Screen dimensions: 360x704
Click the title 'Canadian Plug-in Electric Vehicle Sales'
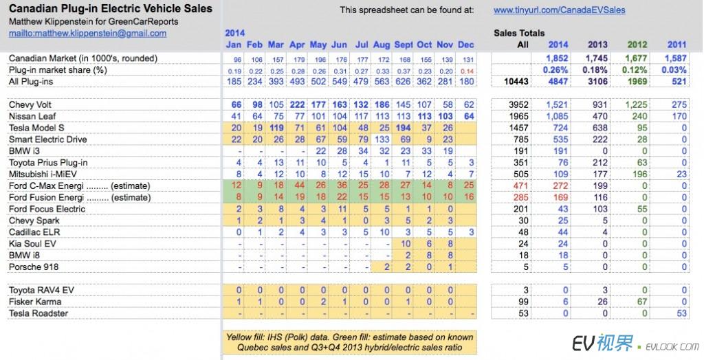[x=109, y=9]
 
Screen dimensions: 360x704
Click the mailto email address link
[x=87, y=33]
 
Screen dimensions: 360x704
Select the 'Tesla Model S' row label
[x=38, y=128]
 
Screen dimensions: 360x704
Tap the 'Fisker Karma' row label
[x=35, y=302]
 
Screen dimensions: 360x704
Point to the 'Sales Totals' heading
[x=519, y=33]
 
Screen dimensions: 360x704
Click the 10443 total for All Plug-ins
[x=523, y=82]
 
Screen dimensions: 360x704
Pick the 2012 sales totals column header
[x=637, y=45]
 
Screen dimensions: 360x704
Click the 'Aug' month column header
[x=383, y=45]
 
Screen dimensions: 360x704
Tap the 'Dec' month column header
[x=465, y=45]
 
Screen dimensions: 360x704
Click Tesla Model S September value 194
[x=404, y=128]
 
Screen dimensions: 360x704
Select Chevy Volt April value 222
[x=298, y=104]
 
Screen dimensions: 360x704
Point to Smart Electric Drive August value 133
[x=383, y=139]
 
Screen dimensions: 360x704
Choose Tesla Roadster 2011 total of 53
[x=680, y=313]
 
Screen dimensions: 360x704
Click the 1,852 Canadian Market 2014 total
[x=559, y=58]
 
